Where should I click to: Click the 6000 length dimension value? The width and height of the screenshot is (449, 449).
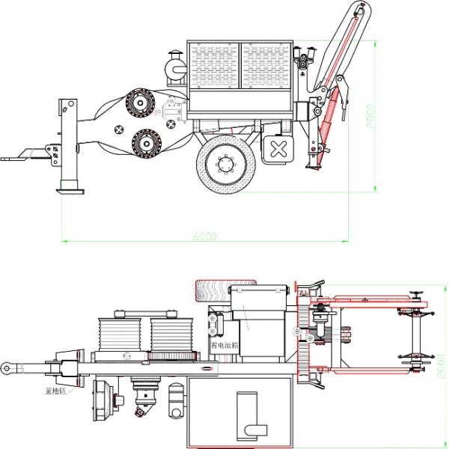204,236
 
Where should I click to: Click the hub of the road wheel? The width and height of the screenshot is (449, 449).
224,164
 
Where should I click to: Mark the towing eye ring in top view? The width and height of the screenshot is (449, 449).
7,367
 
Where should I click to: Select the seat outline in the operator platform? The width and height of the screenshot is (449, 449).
249,415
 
